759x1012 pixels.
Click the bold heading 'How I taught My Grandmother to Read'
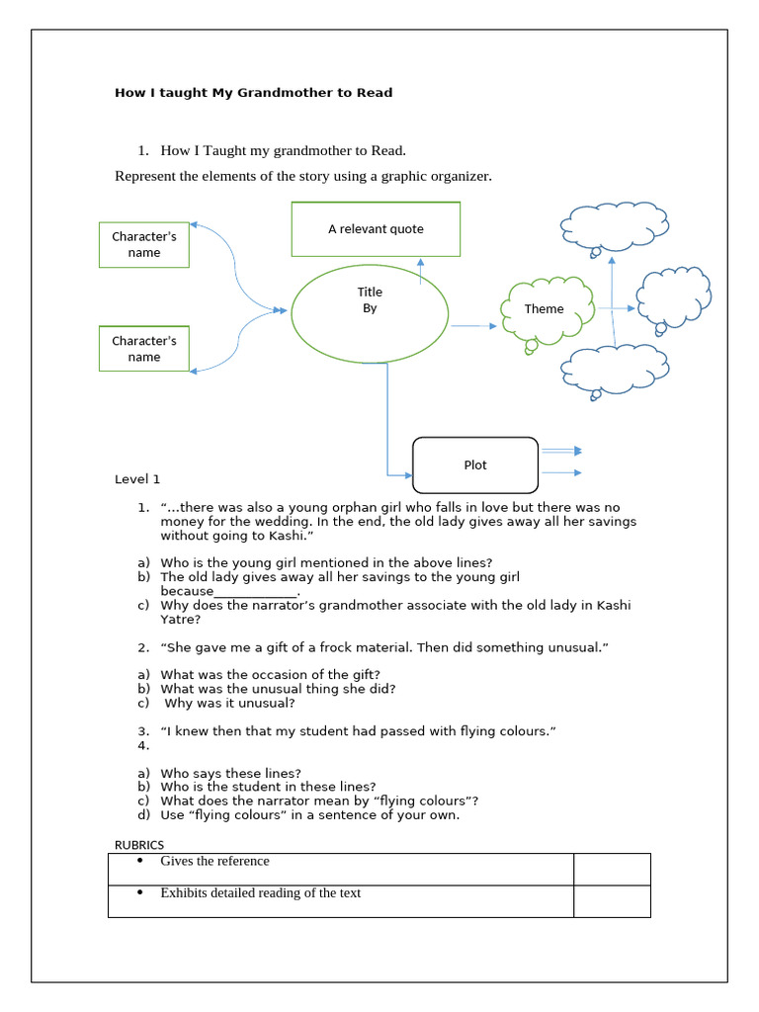(x=253, y=93)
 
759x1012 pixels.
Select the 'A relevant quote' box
(x=376, y=229)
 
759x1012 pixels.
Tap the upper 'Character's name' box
(x=143, y=244)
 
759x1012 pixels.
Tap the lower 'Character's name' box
(x=143, y=349)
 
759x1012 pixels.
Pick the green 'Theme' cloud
(x=547, y=309)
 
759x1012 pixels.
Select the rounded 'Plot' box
(x=474, y=464)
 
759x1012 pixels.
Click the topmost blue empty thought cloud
(x=614, y=226)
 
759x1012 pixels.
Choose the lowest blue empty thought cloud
(x=614, y=368)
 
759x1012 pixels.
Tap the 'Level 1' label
(x=137, y=479)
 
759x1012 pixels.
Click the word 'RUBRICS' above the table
(x=139, y=844)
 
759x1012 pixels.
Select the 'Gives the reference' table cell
(x=341, y=869)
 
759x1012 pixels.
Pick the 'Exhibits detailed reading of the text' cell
(x=341, y=900)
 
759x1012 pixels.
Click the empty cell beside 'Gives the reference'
(x=612, y=869)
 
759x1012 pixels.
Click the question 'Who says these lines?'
(x=230, y=773)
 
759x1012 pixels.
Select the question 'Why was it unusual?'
(x=229, y=704)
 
